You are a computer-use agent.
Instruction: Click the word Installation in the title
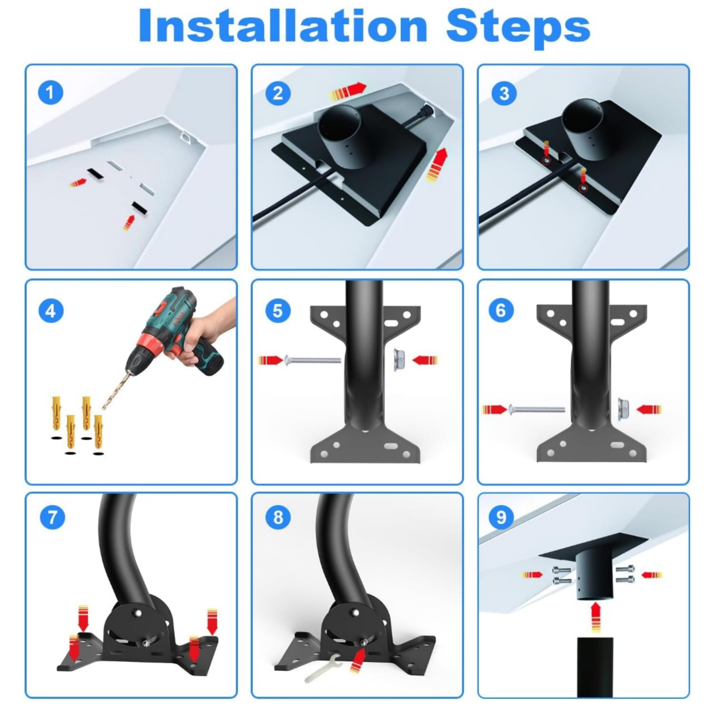click(283, 26)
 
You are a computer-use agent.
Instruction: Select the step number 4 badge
click(51, 311)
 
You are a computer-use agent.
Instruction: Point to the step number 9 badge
click(501, 517)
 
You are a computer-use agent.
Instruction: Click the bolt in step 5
click(312, 360)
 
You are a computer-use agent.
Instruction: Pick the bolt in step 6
click(537, 409)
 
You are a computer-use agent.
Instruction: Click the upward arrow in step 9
click(596, 617)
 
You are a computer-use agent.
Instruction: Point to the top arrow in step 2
click(348, 91)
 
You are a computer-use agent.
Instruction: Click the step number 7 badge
click(53, 517)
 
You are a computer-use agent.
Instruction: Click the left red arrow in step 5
click(271, 360)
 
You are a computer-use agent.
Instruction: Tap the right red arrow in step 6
click(649, 409)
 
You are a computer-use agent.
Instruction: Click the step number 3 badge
click(504, 93)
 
